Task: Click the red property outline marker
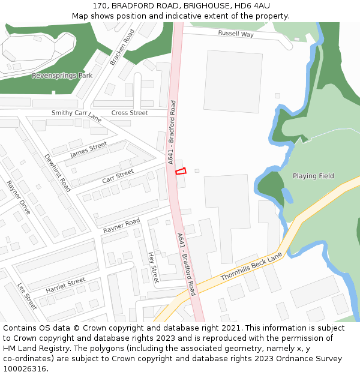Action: point(181,171)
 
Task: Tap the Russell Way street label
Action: point(236,34)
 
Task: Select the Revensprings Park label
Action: point(62,76)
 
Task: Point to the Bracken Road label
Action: point(122,47)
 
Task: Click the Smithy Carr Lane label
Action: point(76,115)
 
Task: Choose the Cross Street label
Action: point(130,113)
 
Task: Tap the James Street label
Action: point(88,149)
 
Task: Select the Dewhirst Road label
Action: point(57,173)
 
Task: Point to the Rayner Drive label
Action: point(19,197)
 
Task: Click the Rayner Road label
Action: point(121,226)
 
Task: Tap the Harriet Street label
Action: point(65,285)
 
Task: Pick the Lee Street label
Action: point(27,296)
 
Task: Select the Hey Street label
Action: point(153,267)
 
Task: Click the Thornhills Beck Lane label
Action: point(251,266)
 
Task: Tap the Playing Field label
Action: point(313,176)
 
